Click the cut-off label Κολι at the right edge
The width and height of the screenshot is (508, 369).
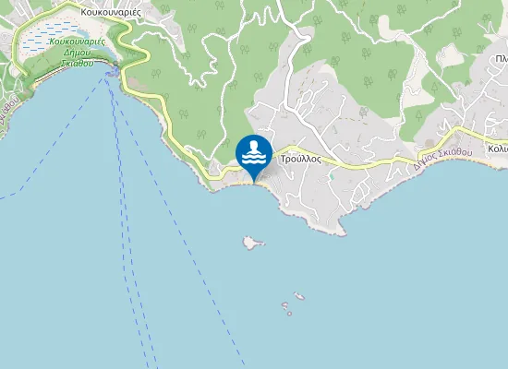(498, 149)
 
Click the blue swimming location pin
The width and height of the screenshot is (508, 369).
(254, 154)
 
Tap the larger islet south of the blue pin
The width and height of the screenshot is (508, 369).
(251, 242)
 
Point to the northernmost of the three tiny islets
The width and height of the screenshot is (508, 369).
(298, 296)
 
